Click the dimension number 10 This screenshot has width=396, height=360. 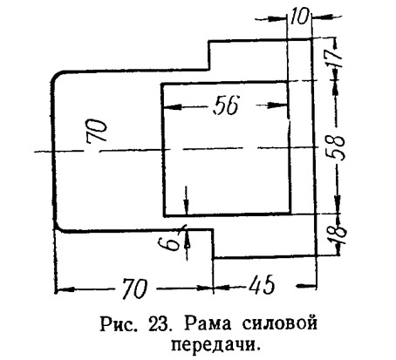[299, 16]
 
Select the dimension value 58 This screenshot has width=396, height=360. [338, 147]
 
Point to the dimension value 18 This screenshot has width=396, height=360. [338, 232]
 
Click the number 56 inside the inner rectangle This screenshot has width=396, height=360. [226, 105]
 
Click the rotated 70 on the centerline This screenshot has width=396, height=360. [97, 131]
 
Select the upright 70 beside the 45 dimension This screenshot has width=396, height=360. [134, 289]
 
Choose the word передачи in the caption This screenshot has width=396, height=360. [215, 344]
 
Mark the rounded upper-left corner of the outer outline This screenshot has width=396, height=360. [56, 75]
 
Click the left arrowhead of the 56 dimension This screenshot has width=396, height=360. [172, 107]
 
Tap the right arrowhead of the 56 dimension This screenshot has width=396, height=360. [277, 105]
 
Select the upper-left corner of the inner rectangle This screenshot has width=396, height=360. [162, 85]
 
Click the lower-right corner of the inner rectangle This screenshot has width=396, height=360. [290, 214]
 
